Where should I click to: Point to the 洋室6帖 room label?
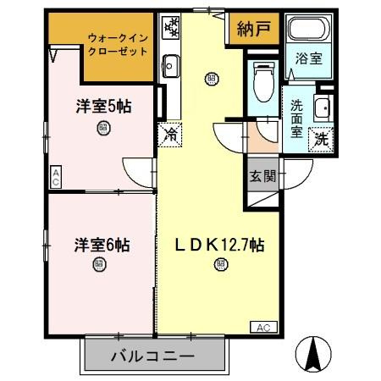101,246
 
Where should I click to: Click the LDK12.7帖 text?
221,246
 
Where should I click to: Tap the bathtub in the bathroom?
307,30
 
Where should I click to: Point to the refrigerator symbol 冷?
169,134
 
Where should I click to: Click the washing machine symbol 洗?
321,137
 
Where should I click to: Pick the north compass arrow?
317,353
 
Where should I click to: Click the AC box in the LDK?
263,327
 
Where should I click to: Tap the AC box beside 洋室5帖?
55,175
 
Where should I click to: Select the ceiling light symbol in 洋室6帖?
101,264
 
